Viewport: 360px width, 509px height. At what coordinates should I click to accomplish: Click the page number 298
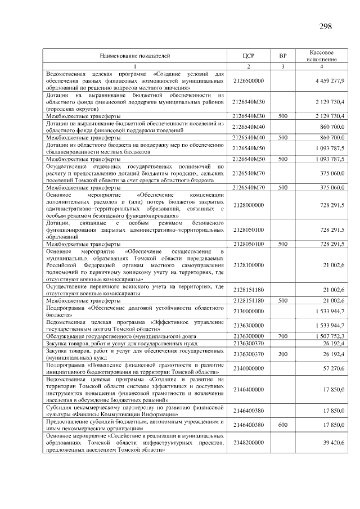pos(325,26)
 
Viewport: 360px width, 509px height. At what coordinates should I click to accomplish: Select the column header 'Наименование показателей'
pos(135,56)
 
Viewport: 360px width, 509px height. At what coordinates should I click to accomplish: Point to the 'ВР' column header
pos(283,56)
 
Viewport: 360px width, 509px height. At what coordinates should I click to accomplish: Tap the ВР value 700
pos(283,335)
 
